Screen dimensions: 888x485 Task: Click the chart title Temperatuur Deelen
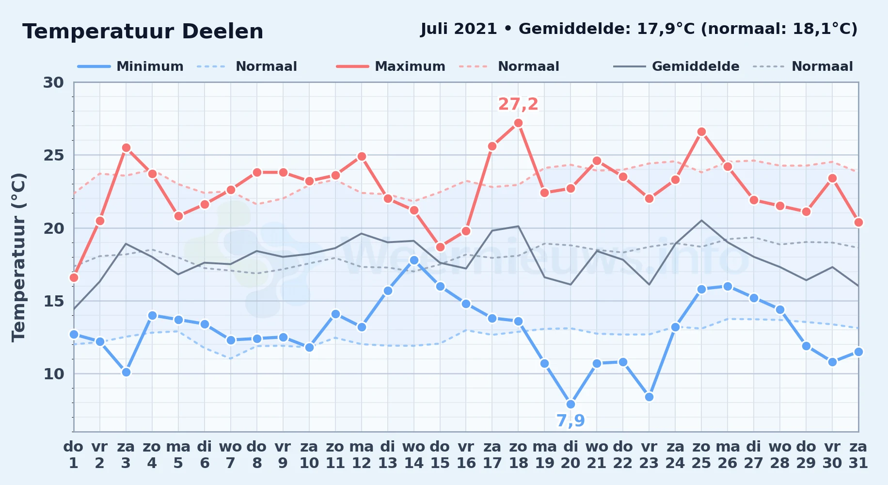point(143,32)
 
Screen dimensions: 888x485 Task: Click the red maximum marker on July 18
point(518,123)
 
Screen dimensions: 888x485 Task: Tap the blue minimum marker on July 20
point(571,404)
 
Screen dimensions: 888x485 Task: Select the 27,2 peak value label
point(518,104)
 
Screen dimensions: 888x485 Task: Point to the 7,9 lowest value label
point(571,420)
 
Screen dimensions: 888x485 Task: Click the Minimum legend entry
point(131,66)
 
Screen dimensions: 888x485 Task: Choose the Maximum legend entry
point(391,66)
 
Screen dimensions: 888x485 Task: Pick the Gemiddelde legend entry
point(676,66)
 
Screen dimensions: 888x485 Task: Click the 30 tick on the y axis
point(53,82)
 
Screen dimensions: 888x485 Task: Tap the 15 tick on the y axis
point(53,301)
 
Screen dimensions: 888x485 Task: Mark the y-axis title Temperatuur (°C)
point(18,257)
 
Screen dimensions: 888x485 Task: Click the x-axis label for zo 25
point(701,455)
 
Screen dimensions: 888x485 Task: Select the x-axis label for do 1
point(74,455)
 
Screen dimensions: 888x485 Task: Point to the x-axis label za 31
point(858,455)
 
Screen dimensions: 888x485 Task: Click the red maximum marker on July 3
point(126,148)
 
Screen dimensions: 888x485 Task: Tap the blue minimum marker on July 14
point(414,260)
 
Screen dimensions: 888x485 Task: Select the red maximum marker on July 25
point(701,132)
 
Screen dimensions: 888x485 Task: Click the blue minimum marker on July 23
point(649,397)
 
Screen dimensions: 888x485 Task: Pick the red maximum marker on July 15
point(440,247)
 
